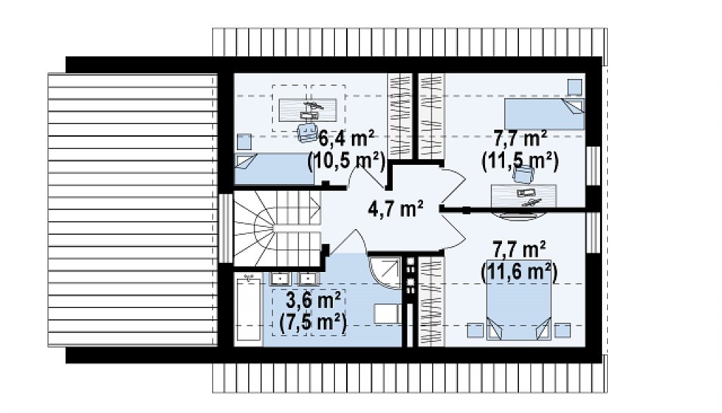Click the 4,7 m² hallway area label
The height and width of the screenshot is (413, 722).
click(x=396, y=209)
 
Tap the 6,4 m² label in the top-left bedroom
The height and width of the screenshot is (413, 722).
click(x=346, y=137)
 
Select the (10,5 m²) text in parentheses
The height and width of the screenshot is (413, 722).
click(x=346, y=161)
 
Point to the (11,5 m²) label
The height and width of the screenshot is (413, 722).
click(x=520, y=161)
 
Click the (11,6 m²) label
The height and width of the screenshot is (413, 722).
click(x=520, y=272)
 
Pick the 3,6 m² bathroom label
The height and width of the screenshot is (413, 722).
click(x=314, y=300)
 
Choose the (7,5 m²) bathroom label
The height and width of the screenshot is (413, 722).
click(x=313, y=323)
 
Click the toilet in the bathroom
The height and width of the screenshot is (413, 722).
click(x=386, y=313)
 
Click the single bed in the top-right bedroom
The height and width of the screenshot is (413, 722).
click(x=544, y=113)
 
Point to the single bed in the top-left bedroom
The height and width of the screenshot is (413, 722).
click(x=274, y=169)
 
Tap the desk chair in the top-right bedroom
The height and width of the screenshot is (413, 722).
click(x=524, y=174)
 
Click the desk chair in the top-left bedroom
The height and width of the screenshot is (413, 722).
click(x=306, y=132)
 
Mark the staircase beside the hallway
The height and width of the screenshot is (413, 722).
click(x=277, y=228)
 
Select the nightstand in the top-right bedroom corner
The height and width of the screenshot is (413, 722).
click(x=574, y=87)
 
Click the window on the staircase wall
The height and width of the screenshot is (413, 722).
click(x=225, y=228)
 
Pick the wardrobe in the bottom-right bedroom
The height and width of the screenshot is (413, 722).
click(x=432, y=301)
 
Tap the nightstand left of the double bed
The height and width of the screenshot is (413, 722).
click(x=475, y=331)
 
